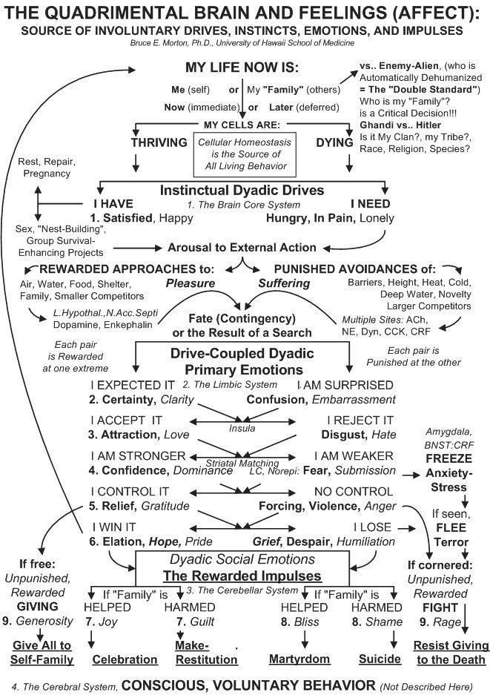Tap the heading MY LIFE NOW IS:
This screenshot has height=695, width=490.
click(x=243, y=68)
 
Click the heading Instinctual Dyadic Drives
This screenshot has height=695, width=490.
click(x=242, y=190)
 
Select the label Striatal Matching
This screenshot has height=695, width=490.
click(x=242, y=463)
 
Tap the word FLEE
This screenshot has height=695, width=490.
click(x=450, y=528)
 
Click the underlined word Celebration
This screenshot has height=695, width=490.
click(x=125, y=659)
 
